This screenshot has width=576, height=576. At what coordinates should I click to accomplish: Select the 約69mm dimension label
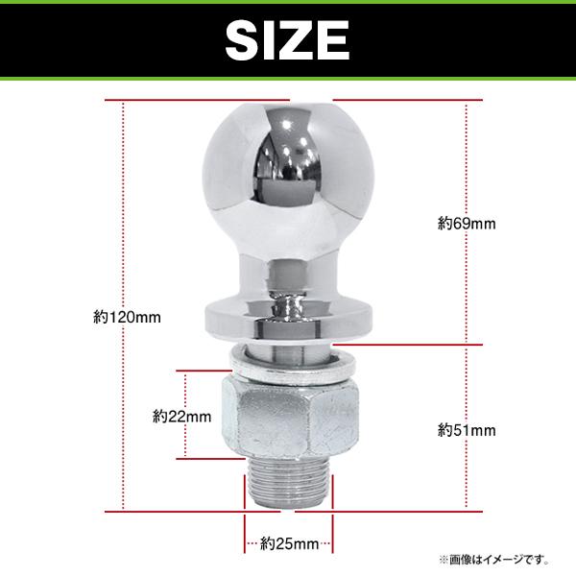coord(467,224)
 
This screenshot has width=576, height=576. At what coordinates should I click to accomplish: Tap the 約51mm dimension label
coord(467,428)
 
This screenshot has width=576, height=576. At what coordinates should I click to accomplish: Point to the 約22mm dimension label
coord(182,417)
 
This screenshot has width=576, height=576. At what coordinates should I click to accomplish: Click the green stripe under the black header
coord(288,78)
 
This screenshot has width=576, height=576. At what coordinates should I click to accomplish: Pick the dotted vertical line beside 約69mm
coord(467,288)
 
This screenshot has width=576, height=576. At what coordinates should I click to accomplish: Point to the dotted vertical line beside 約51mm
coord(467,480)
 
